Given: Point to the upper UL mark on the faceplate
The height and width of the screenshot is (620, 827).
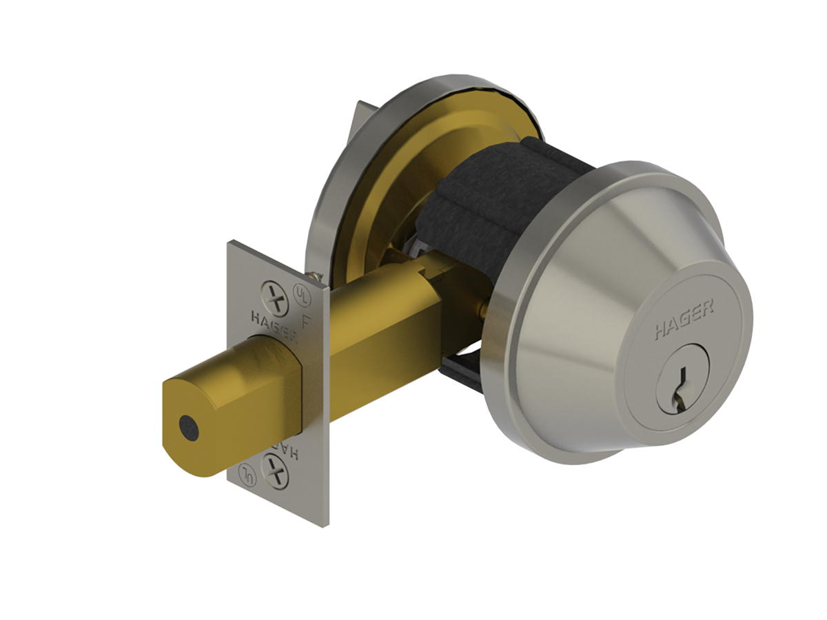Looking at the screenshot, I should click(x=300, y=291).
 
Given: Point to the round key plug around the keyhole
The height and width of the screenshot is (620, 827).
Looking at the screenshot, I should click(x=682, y=386).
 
